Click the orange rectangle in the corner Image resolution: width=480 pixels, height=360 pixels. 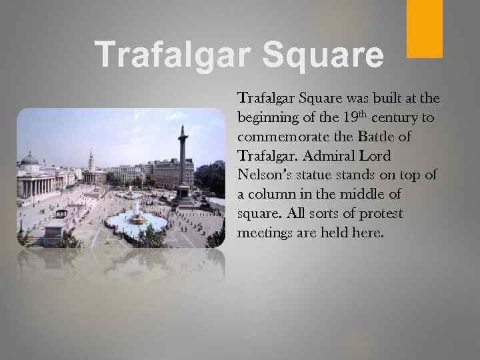(x=425, y=28)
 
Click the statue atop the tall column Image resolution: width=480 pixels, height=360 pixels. (x=181, y=129)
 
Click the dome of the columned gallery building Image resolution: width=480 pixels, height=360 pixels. (x=29, y=160)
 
